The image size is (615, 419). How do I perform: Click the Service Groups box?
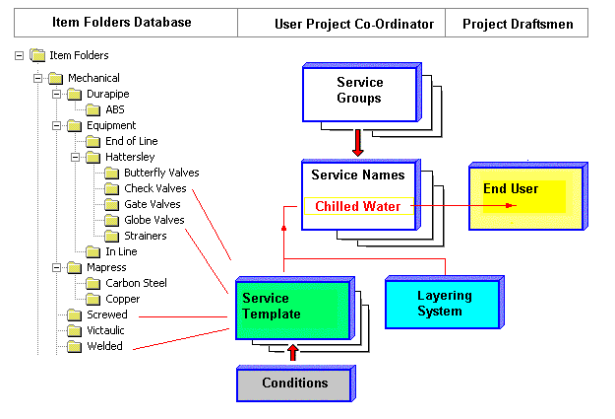[x=360, y=92]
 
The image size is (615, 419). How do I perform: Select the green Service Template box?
[x=292, y=309]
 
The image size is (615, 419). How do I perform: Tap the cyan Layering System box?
[x=444, y=303]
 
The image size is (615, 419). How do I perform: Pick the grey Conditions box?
[x=294, y=383]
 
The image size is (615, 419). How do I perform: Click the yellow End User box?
[x=523, y=195]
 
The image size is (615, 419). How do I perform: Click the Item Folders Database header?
[x=121, y=22]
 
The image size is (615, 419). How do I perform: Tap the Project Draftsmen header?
[x=518, y=23]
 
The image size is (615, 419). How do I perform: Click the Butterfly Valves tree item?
[x=161, y=173]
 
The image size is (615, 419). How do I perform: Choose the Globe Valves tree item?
[x=154, y=220]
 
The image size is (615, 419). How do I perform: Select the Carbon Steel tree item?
[x=136, y=283]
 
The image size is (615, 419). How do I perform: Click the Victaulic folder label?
[x=104, y=330]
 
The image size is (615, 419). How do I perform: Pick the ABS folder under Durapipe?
[x=115, y=109]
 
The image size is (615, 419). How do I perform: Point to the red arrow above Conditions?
[x=291, y=352]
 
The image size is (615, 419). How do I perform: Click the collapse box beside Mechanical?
[x=37, y=78]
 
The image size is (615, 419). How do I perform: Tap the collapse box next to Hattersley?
[x=74, y=157]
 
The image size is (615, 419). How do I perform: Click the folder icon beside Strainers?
[x=111, y=236]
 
